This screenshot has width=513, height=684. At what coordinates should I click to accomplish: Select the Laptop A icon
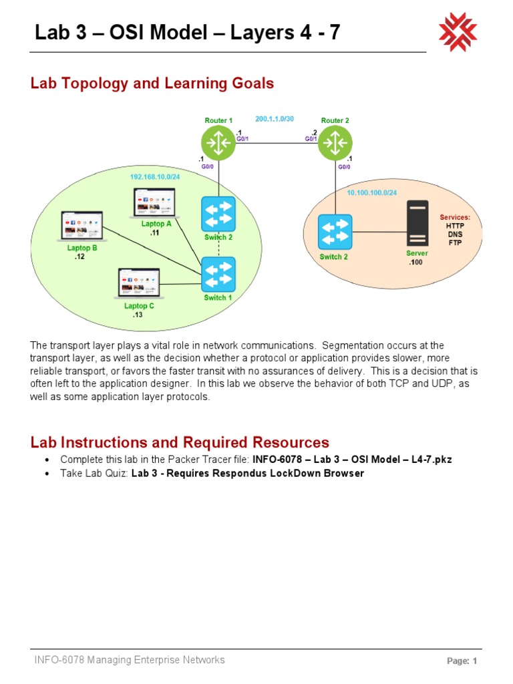(x=155, y=204)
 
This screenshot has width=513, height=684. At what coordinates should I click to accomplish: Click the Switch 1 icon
(x=218, y=274)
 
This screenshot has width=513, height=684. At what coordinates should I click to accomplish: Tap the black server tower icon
(x=418, y=224)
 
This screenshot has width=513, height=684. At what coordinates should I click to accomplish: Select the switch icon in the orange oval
(x=335, y=231)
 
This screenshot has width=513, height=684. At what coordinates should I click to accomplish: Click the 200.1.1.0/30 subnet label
(x=275, y=120)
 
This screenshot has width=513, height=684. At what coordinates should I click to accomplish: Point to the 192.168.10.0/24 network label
(x=156, y=177)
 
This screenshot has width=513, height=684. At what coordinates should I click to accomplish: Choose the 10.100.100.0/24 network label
(x=371, y=193)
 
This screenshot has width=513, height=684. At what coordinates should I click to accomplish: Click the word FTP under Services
(x=454, y=242)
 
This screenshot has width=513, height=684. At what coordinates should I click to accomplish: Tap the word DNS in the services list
(x=454, y=234)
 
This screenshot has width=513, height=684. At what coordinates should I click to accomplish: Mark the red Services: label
(x=454, y=218)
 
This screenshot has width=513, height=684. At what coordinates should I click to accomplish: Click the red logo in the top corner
(x=458, y=32)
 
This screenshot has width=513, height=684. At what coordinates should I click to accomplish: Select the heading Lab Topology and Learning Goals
(x=152, y=83)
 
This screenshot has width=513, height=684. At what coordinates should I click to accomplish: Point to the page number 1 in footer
(x=474, y=661)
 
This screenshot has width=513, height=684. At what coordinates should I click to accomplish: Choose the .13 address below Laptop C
(x=138, y=315)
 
